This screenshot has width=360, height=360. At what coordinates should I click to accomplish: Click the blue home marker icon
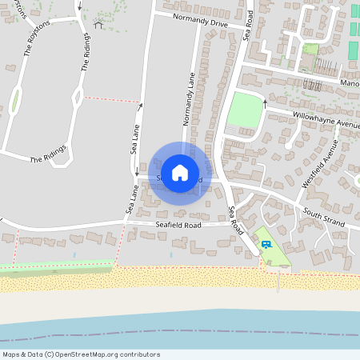point(180,172)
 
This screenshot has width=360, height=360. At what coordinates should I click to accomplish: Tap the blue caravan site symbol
point(266,244)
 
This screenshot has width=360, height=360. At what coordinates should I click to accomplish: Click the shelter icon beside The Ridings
point(98,25)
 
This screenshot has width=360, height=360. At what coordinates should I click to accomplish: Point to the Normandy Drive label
point(197,21)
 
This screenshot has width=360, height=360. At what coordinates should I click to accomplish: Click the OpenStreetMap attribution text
point(81,354)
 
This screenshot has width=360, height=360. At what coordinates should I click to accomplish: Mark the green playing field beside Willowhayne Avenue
point(245,110)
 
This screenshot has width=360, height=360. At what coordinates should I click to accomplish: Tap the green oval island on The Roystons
point(14,101)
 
